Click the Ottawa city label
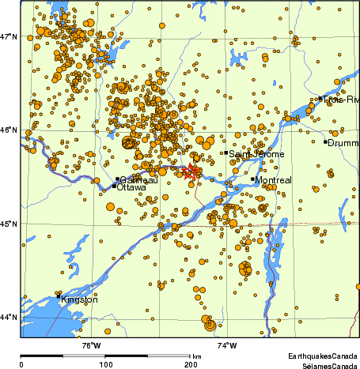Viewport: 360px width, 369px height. click(131, 187)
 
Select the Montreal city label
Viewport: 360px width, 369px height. click(274, 180)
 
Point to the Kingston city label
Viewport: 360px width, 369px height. click(80, 299)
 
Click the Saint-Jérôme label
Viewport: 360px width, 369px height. click(256, 154)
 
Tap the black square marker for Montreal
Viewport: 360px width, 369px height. click(253, 179)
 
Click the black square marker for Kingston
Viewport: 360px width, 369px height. click(59, 296)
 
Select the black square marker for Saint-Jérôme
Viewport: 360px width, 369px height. click(226, 152)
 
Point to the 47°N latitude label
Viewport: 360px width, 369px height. click(9, 36)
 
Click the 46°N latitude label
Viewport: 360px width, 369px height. click(9, 130)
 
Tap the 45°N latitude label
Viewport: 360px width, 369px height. click(9, 224)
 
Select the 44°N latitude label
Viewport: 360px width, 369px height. click(9, 318)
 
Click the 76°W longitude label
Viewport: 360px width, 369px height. click(91, 345)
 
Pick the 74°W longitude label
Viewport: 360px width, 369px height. click(227, 345)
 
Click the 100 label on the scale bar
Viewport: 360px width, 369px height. click(105, 365)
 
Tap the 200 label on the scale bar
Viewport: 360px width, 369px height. click(191, 365)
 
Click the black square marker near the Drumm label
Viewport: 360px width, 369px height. click(325, 142)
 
